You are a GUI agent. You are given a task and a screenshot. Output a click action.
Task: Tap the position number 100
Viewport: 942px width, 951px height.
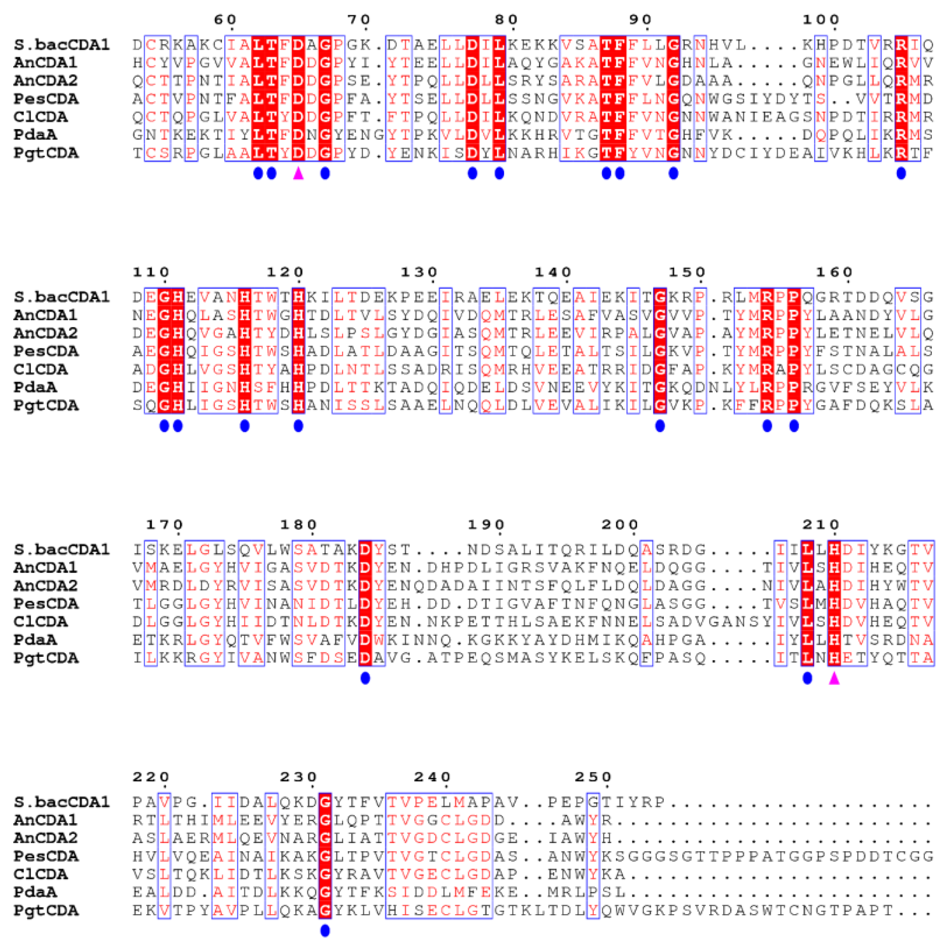821,20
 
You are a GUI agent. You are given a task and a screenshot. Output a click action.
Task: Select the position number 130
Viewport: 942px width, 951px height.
419,272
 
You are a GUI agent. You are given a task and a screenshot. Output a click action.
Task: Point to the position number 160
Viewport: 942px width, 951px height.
834,272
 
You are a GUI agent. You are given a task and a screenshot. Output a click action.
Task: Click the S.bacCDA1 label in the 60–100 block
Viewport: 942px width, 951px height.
62,45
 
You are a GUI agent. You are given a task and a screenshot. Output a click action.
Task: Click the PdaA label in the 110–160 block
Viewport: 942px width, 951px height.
35,387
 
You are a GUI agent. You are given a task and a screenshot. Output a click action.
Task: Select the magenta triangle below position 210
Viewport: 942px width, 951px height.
834,678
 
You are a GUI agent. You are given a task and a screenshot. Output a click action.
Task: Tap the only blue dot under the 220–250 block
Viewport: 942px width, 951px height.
325,931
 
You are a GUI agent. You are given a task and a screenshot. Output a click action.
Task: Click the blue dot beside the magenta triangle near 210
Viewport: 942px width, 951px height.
807,678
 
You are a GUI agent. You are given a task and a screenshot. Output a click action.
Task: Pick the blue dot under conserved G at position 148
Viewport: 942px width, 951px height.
660,426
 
